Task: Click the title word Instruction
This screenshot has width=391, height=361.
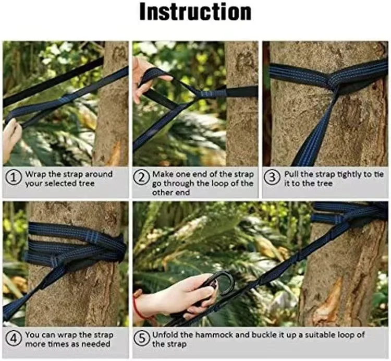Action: [195, 12]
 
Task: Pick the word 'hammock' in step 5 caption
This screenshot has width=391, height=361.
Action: [214, 334]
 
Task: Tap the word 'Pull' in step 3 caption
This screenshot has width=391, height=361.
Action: [292, 174]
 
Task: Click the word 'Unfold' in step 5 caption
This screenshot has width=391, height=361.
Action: [166, 334]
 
